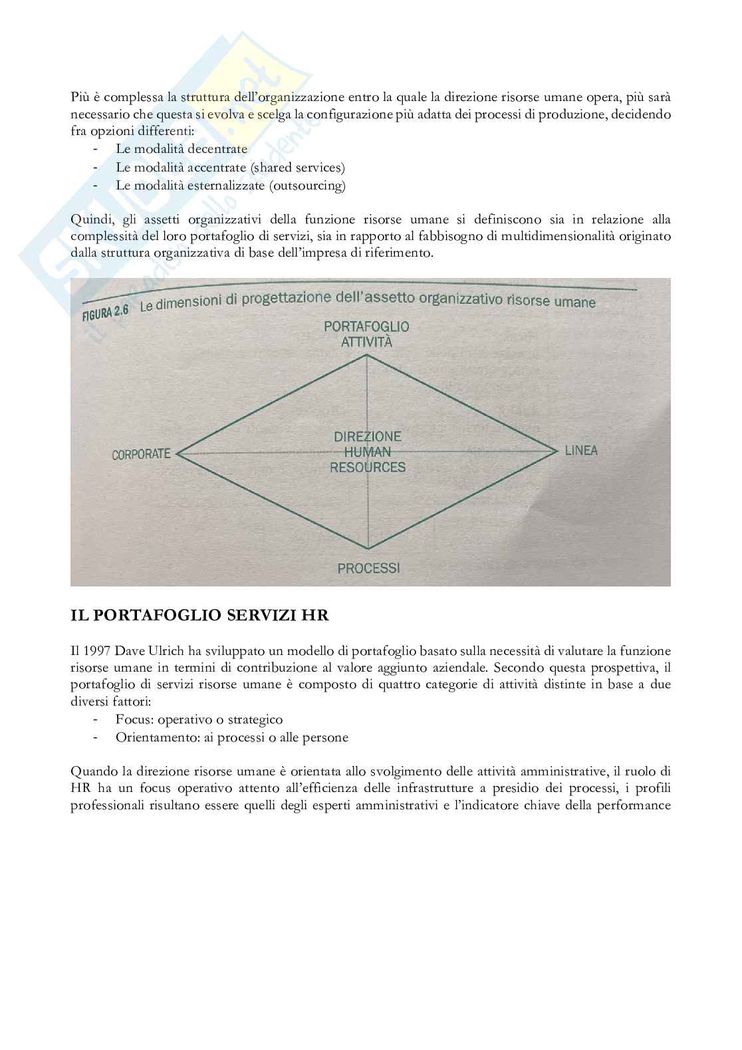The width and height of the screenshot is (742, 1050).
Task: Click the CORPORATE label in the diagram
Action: pos(141,455)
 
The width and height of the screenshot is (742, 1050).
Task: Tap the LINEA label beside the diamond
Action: pos(581,451)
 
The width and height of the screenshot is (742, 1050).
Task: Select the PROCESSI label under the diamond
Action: pos(368,569)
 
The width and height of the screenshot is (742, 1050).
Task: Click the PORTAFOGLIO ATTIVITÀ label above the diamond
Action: pos(366,334)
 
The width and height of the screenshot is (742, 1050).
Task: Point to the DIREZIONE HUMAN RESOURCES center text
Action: pos(368,452)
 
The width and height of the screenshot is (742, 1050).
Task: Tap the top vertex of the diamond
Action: pos(367,355)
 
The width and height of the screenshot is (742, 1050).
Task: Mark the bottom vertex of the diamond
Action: pos(368,549)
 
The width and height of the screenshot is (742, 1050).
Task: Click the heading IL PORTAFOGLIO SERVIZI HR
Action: pos(199,615)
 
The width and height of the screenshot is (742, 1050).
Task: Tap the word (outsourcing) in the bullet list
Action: pos(307,186)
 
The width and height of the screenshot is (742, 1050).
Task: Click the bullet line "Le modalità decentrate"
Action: pos(182,149)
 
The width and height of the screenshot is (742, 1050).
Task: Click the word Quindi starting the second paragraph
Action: pos(91,219)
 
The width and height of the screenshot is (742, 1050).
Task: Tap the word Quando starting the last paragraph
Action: pos(93,771)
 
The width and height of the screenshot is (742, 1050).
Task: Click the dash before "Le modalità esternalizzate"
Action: pos(97,186)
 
